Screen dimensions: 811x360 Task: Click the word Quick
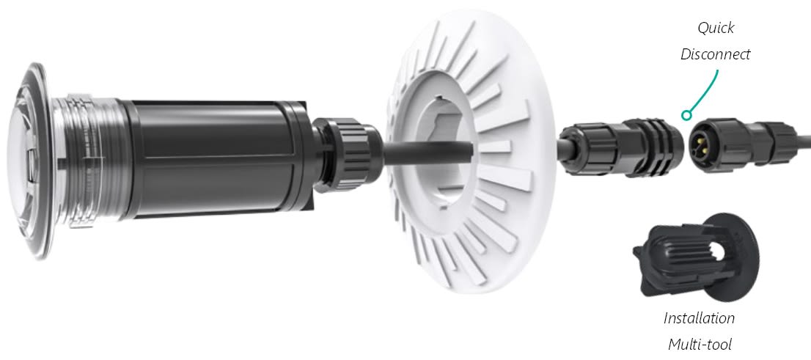716,28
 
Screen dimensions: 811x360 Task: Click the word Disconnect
716,54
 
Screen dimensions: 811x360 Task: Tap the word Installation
699,318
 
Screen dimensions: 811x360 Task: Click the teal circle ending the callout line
686,115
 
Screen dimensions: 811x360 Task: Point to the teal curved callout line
708,93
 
